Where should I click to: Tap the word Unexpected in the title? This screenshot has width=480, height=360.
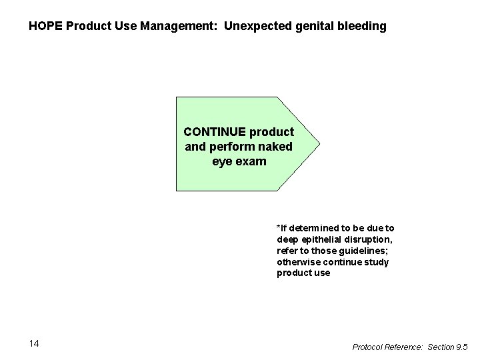[x=255, y=27]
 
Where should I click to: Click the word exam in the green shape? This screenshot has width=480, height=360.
[x=251, y=161]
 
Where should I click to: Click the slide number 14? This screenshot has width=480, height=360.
[x=35, y=343]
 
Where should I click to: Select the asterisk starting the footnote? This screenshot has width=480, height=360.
[x=279, y=227]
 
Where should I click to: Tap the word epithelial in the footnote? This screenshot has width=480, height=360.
[x=322, y=239]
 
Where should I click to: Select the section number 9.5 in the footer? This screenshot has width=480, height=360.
[x=461, y=347]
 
